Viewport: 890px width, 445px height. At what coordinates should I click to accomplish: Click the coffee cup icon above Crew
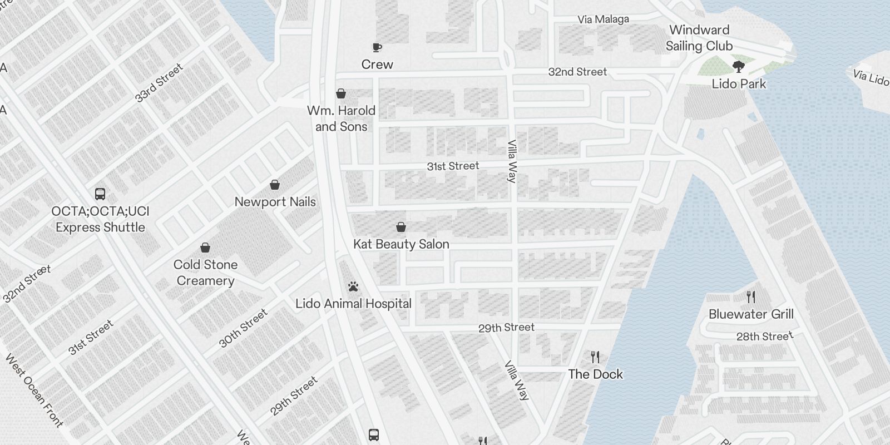click(377, 47)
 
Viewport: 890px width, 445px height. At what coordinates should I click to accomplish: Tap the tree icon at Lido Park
click(739, 67)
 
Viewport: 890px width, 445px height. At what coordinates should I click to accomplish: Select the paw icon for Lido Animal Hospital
click(353, 287)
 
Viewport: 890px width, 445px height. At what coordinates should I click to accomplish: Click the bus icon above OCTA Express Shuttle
click(100, 194)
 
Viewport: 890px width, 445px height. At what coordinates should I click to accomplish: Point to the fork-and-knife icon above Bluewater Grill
click(751, 296)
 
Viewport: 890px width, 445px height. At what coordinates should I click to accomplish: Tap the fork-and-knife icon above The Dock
click(595, 357)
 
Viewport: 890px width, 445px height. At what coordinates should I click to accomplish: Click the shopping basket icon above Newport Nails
click(275, 185)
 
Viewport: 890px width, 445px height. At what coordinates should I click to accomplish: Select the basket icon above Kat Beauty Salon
click(400, 227)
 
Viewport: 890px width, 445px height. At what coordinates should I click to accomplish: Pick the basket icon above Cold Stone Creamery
click(205, 248)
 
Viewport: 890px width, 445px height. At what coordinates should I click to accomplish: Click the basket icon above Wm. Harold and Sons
click(341, 93)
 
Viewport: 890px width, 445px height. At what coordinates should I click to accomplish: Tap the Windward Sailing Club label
click(699, 38)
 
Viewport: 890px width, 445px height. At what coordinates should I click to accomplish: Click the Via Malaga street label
click(603, 19)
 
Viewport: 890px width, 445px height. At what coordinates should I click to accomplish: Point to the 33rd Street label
click(159, 83)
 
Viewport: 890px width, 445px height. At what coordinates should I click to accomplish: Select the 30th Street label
click(243, 328)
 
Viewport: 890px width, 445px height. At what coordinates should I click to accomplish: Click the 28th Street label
click(765, 336)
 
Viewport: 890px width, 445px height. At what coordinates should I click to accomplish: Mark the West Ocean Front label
click(34, 390)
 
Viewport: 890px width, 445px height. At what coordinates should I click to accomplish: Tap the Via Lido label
click(871, 77)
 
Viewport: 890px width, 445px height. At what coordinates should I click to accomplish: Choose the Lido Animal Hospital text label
click(353, 304)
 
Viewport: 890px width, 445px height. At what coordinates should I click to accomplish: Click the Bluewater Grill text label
click(751, 314)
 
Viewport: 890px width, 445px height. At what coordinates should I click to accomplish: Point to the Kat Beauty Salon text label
click(401, 244)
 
